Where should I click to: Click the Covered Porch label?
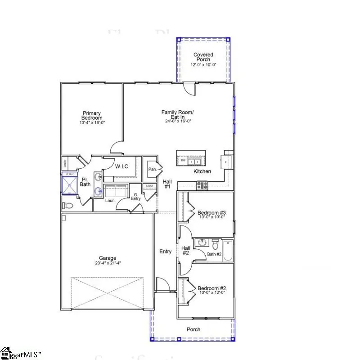tap(203, 58)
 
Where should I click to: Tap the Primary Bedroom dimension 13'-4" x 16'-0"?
tap(91, 122)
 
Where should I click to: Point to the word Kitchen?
tap(202, 171)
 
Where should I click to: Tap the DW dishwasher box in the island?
tap(183, 161)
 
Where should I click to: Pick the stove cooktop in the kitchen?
tap(202, 184)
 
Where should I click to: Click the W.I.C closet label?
tap(121, 166)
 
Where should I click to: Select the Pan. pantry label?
tap(152, 170)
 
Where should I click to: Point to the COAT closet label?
tap(149, 186)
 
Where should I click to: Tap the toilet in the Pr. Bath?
tap(68, 206)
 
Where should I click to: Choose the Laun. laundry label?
tap(110, 200)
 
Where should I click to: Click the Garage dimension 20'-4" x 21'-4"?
tap(108, 263)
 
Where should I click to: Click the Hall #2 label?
tap(186, 250)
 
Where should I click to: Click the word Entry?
tap(165, 252)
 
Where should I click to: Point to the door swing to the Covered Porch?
tap(190, 89)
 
